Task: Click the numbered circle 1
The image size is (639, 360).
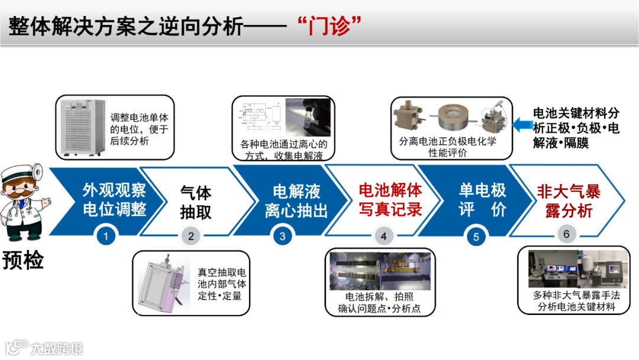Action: point(105,236)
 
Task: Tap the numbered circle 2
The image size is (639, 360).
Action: point(191,236)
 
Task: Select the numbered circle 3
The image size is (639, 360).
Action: point(282,236)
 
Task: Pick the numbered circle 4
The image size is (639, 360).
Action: point(383,236)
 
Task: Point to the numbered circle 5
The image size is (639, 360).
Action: point(476,237)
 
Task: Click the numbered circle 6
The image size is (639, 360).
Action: point(566,234)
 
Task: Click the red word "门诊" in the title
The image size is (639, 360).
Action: point(329,25)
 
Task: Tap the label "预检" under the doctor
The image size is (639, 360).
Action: point(23,260)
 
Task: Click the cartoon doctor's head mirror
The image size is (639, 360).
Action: point(37,172)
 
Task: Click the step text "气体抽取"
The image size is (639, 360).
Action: point(196,202)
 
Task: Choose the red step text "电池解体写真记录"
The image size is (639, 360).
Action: point(390,200)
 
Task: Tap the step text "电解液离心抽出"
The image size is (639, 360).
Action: point(296,201)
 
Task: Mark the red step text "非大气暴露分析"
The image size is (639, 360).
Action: point(569,201)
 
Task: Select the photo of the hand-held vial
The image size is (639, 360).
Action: point(308,117)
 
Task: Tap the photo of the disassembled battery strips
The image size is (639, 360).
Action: point(380,271)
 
